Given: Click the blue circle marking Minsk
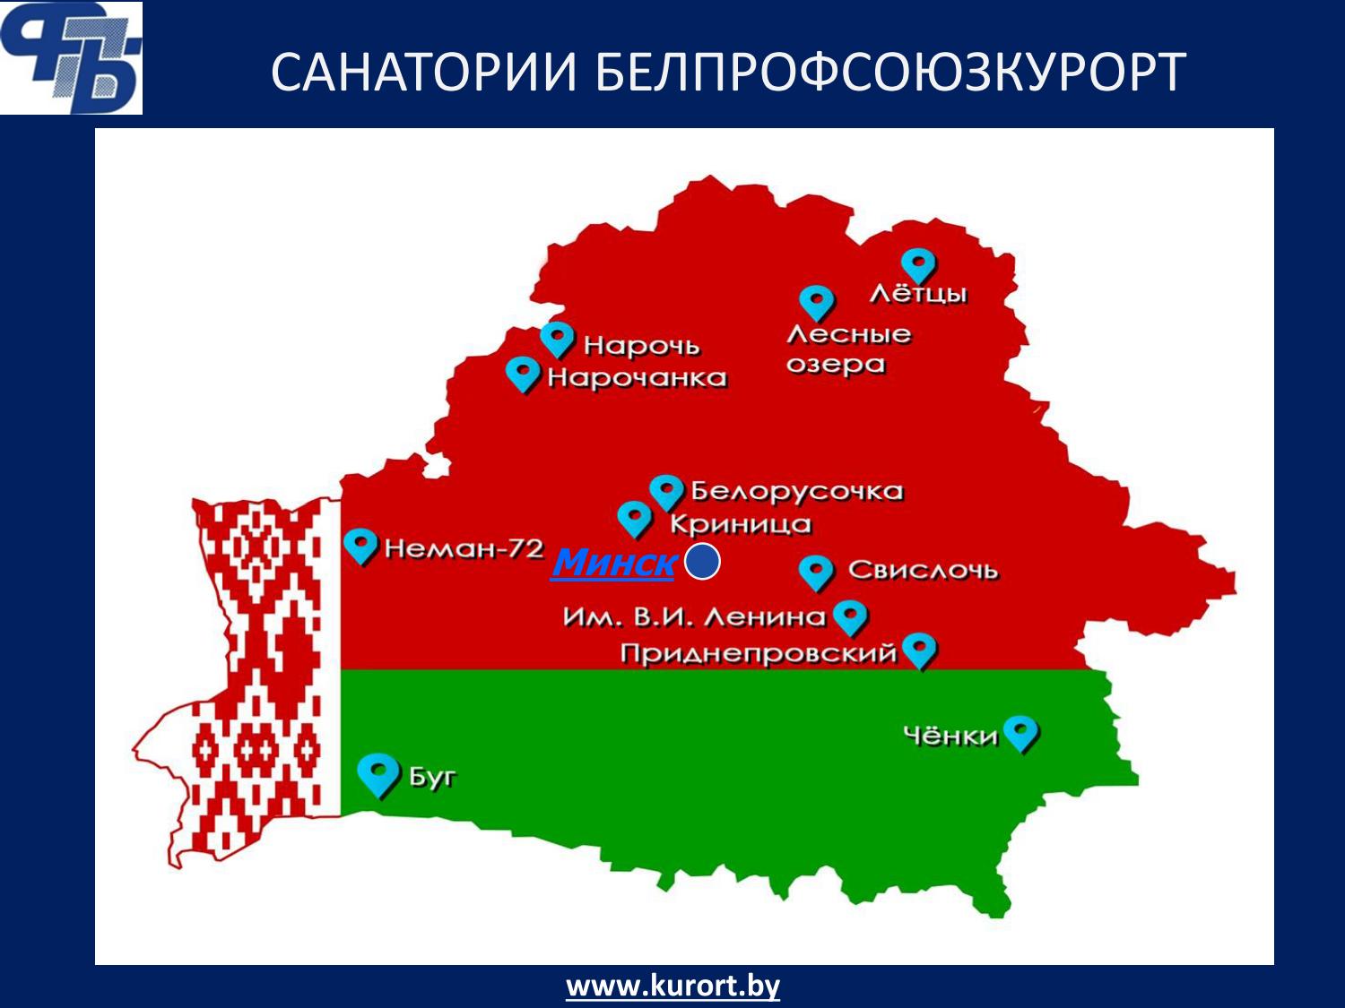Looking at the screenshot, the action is (701, 561).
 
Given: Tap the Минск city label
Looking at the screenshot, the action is (613, 562).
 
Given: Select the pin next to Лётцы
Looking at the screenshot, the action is (918, 266).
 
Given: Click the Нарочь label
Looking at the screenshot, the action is (641, 346).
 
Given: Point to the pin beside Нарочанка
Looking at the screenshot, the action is (523, 375).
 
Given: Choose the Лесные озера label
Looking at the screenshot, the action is (848, 349).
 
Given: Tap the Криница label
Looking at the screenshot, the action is (741, 524).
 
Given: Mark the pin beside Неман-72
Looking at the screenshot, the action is (360, 546).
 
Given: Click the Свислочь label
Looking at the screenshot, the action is (923, 571).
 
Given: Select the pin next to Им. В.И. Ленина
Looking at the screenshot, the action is (850, 617).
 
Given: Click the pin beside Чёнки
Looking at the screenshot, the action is (1020, 733).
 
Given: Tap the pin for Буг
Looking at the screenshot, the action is (377, 775).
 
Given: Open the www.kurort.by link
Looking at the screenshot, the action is (672, 986).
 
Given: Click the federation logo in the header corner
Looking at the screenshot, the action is (71, 57).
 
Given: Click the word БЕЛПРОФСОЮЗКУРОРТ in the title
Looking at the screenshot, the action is (889, 72).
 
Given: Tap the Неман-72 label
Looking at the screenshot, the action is (464, 548).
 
